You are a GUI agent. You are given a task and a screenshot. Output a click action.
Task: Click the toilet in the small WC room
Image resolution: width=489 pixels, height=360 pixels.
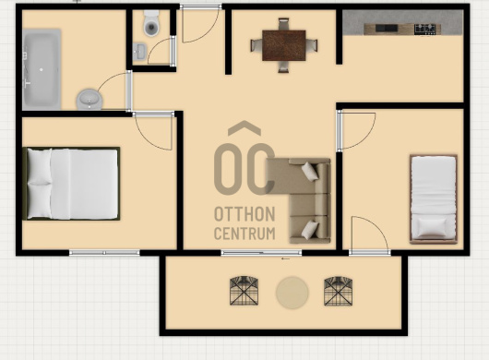point(151,23)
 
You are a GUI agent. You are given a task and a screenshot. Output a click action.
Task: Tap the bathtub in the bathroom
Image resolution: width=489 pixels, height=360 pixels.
point(42,69)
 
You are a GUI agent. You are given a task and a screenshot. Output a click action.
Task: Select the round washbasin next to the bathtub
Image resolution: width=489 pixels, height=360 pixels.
point(89,99)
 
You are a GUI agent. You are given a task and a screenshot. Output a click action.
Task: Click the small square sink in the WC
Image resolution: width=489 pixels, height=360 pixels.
point(139,51)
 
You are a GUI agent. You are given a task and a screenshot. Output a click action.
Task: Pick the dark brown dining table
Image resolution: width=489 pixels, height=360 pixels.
point(284,45)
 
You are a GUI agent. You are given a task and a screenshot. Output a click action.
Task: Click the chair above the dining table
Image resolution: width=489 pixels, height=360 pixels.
point(284,24)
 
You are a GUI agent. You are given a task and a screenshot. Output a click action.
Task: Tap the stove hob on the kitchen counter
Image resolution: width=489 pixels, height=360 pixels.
point(424,30)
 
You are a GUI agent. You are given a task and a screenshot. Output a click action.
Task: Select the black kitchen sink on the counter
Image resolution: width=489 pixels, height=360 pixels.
point(387,29)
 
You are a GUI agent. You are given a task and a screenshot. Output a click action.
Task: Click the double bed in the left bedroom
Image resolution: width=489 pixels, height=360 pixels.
point(71,184)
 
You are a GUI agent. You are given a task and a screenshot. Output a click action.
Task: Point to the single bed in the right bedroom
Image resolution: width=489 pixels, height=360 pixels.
point(434,198)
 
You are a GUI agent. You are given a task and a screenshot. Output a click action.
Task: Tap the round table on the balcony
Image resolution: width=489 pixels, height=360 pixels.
point(292,293)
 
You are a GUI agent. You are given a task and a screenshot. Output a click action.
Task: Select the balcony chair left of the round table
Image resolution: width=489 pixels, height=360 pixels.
point(244,291)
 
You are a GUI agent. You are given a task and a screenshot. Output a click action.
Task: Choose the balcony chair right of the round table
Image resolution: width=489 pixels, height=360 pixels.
point(339,291)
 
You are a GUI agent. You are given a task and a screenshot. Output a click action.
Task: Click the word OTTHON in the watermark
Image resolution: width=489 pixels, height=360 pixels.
point(244,214)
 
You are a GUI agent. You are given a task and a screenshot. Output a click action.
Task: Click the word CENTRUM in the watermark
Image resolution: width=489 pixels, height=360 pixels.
point(244,234)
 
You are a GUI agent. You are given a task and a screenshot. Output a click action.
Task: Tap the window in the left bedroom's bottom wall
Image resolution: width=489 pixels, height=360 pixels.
point(104,253)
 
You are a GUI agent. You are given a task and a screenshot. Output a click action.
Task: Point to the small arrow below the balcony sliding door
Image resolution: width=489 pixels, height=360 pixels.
point(285,258)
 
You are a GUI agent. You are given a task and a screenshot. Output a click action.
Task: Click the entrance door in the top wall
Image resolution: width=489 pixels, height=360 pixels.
point(200,23)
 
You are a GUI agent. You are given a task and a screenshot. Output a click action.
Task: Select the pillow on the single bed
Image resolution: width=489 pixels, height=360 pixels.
point(433,228)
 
